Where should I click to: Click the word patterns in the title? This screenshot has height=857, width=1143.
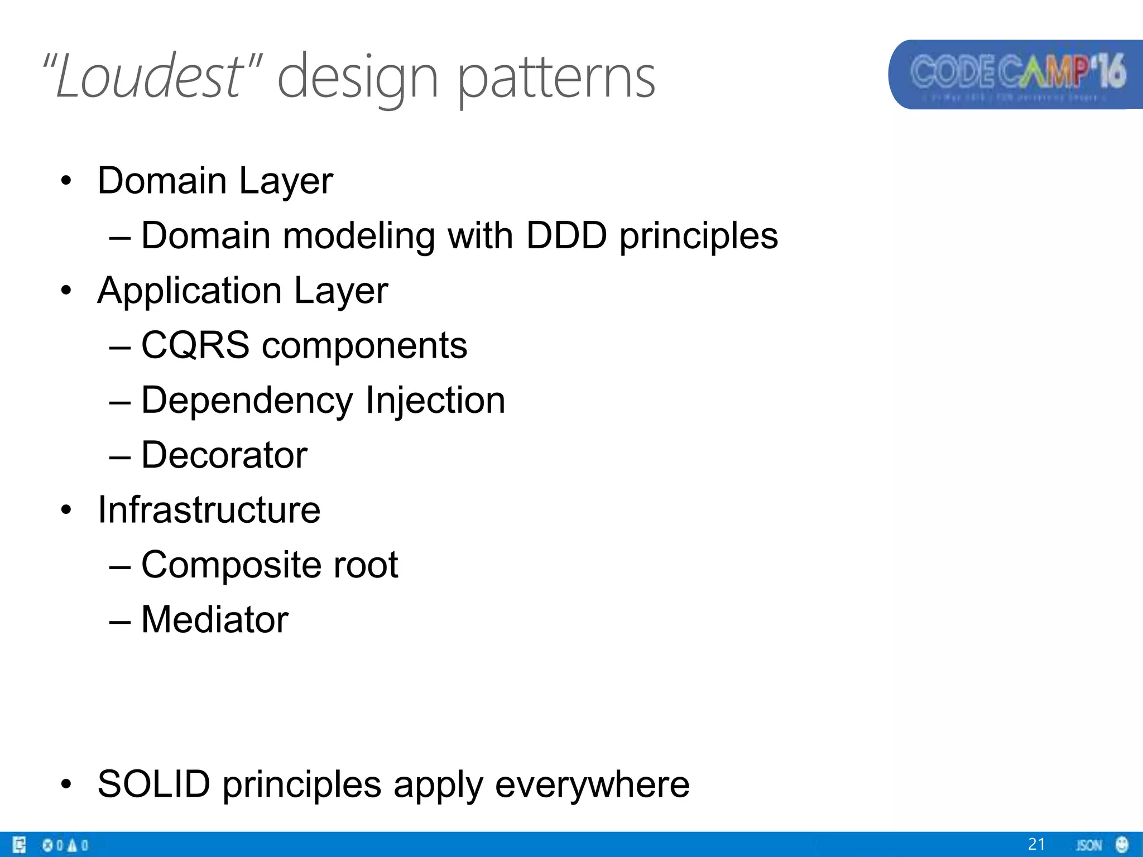coord(556,78)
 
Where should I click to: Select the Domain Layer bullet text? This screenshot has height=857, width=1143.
coord(215,181)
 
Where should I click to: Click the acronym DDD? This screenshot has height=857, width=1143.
coord(566,235)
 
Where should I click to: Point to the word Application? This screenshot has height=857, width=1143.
coord(189,291)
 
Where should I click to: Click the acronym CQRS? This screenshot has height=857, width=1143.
coord(195,345)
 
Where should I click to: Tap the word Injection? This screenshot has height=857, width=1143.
coord(435,400)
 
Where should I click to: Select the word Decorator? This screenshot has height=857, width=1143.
coord(224,455)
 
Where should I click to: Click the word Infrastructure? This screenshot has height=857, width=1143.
coord(209,509)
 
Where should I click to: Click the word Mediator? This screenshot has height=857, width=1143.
coord(215,619)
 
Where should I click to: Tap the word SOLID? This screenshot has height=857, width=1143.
coord(154,784)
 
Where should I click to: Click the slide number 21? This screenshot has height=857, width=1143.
coord(1036,844)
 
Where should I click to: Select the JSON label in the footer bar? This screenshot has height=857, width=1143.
coord(1089,845)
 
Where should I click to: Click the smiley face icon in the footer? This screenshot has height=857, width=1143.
coord(1122,844)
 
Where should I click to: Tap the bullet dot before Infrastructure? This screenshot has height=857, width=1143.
coord(66,510)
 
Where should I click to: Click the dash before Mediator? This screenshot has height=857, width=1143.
coord(120,621)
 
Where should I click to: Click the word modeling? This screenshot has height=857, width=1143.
coord(358,235)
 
